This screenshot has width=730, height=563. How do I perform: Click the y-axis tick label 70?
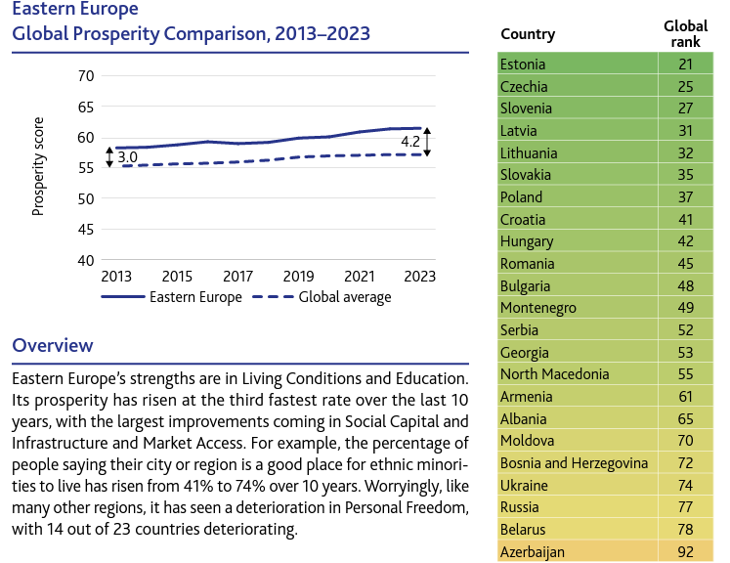[x=85, y=75]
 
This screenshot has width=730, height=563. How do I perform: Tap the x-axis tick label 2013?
[x=115, y=278]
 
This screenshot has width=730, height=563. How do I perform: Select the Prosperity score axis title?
[x=39, y=169]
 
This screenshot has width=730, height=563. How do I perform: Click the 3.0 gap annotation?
[x=127, y=156]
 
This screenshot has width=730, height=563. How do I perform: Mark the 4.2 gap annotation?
[x=410, y=143]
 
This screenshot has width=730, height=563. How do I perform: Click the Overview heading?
[x=53, y=345]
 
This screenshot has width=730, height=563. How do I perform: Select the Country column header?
[x=528, y=34]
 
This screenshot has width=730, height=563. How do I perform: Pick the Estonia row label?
[x=523, y=65]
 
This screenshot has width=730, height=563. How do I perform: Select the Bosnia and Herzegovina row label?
[x=573, y=463]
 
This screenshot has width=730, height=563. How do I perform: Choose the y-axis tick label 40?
[x=85, y=260]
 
